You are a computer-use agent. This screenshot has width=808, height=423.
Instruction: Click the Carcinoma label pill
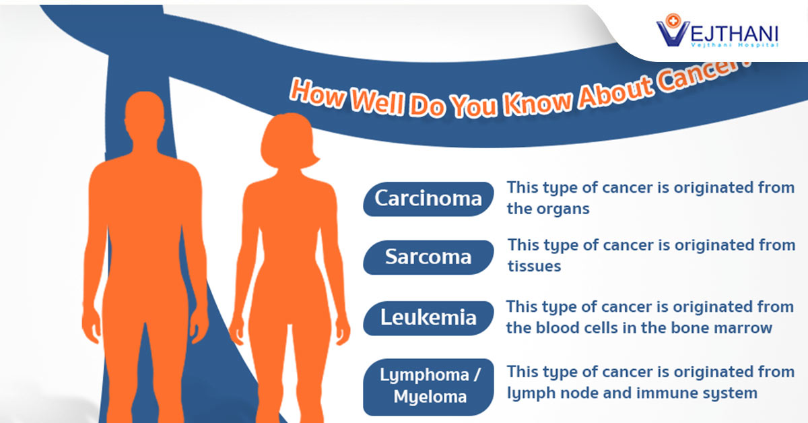click(x=428, y=199)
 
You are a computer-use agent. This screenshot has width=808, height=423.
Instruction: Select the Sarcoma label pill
click(x=428, y=257)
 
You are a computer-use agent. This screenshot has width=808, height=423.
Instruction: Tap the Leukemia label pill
click(x=428, y=317)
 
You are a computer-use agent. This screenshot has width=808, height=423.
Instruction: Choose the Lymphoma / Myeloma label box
click(x=428, y=387)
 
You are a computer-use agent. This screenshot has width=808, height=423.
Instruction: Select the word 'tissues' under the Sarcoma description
click(x=535, y=267)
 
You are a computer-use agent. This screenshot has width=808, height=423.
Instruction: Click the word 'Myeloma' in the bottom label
click(x=428, y=397)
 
